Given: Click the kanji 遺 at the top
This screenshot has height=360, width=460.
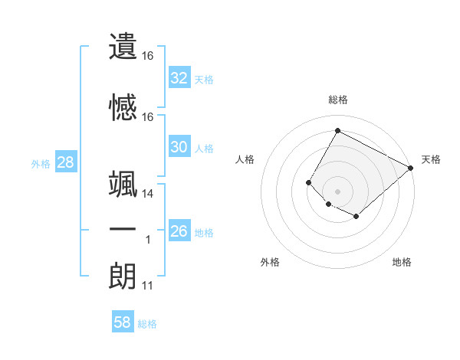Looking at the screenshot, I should pos(123,46).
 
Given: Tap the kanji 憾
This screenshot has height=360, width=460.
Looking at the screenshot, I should pos(123,108).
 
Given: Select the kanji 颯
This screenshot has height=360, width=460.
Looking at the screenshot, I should pos(123,186).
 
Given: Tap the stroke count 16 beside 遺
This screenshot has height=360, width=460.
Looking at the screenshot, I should pos(148,56).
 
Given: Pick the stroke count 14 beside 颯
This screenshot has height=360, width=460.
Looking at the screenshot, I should pos(148,195).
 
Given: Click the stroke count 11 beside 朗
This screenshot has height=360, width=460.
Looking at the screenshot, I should pos(148,286).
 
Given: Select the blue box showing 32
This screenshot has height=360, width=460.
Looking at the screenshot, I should pos(179,78).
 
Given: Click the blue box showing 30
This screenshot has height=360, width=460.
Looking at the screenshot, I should pos(179,147).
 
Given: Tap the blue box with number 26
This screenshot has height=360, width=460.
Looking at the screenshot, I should pos(179,231).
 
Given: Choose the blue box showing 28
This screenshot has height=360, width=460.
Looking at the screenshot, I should pos(65,162).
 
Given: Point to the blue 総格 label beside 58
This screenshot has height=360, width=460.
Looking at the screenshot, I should pos(148,324).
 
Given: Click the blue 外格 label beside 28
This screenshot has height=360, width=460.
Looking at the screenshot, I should pos(41,163).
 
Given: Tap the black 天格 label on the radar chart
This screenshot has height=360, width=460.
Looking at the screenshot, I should pos(431,159).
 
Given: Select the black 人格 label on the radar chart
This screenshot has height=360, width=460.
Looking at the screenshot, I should pos(245,159).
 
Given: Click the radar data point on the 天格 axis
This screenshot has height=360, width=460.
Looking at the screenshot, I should pos(411,168).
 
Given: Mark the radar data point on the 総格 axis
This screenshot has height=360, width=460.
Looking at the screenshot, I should pos(337,131).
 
